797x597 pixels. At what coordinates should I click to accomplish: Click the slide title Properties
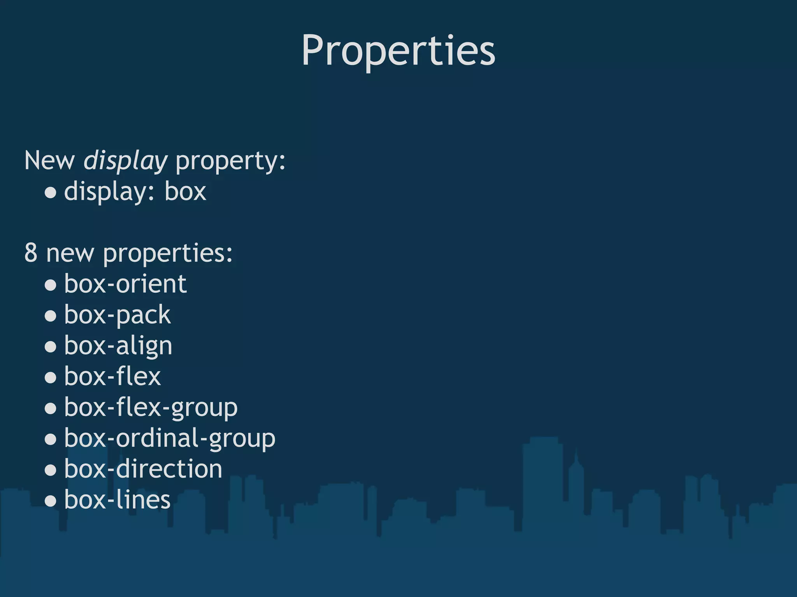point(398,51)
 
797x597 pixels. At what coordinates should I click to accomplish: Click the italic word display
point(125,161)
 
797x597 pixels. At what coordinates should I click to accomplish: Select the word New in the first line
point(49,161)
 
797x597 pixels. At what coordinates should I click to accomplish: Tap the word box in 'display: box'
point(185,192)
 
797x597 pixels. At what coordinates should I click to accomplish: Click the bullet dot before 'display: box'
point(51,192)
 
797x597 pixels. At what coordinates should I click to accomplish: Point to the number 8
point(31,253)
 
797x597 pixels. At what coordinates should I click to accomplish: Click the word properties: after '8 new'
point(168,253)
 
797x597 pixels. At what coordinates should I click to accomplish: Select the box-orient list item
point(125,284)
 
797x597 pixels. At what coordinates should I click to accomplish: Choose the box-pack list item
point(117,315)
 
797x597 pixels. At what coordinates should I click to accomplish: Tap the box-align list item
point(118,346)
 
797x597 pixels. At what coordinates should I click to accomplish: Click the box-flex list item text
point(112,376)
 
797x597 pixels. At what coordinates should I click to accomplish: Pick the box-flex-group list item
point(151,408)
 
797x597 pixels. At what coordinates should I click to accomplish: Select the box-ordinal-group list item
point(170,438)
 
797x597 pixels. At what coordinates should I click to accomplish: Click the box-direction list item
point(143,469)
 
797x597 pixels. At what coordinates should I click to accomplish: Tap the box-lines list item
point(117,500)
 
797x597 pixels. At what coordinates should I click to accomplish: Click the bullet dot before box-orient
point(51,285)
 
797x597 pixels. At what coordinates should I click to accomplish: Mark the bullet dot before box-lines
point(51,501)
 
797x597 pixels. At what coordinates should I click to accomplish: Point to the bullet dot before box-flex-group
point(51,408)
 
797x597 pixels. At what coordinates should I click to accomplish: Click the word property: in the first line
point(230,161)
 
